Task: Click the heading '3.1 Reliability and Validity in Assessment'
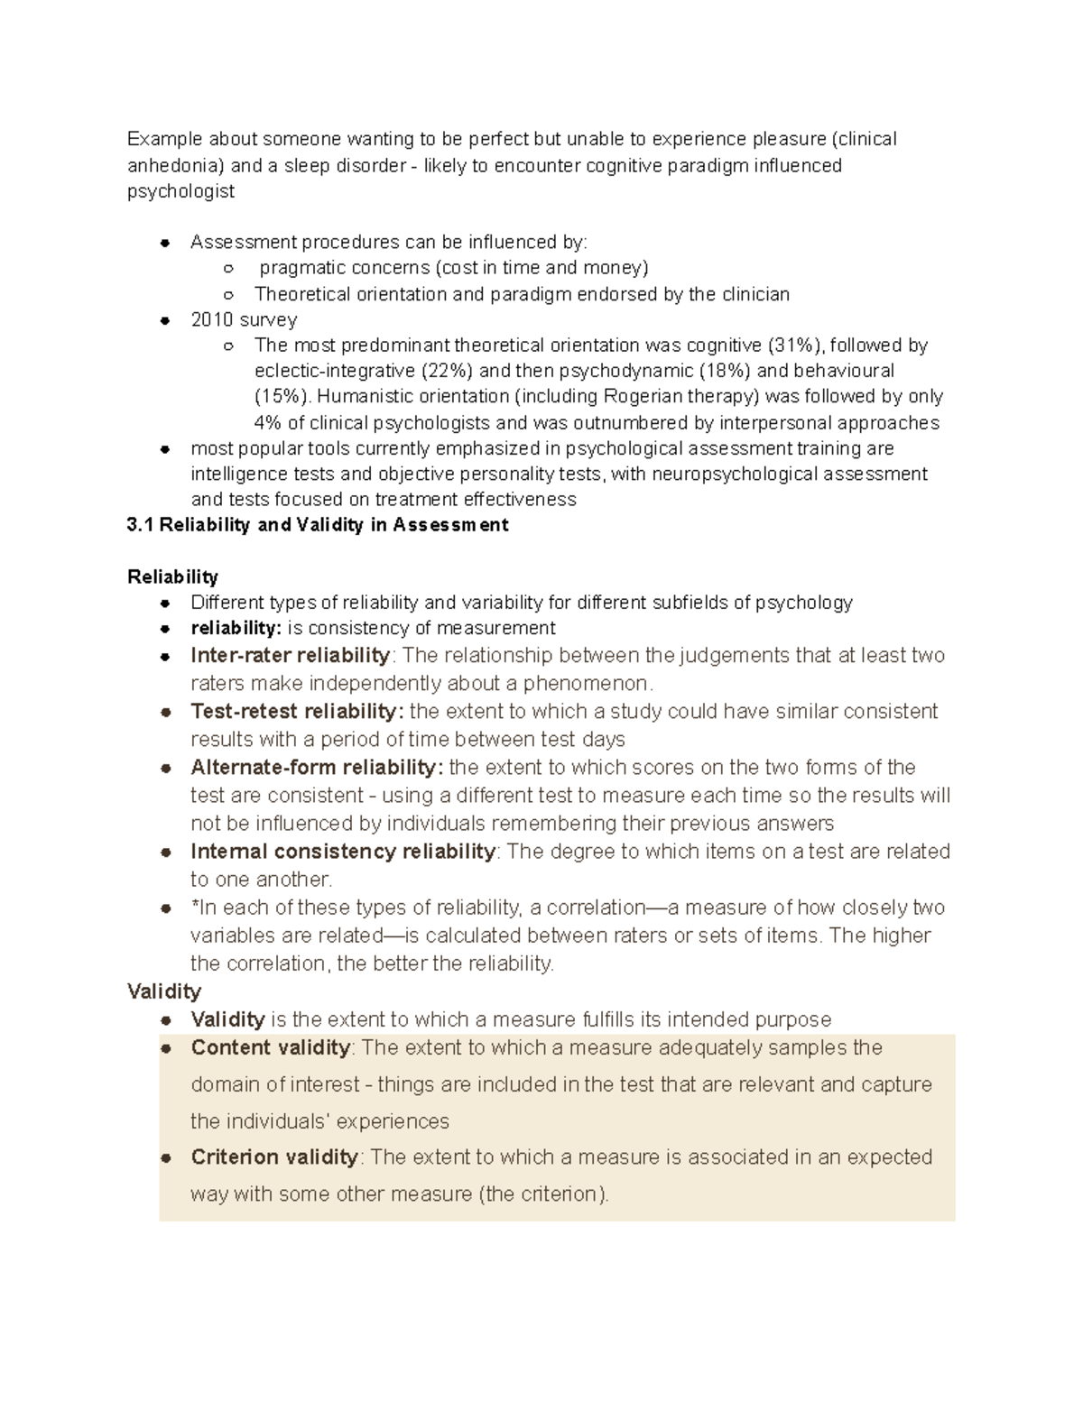(x=318, y=525)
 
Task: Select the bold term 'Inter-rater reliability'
(x=290, y=655)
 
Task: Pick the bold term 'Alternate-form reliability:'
(x=317, y=768)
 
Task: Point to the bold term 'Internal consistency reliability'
(x=343, y=852)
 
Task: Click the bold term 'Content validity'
(x=270, y=1047)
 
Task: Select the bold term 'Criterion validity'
(x=274, y=1157)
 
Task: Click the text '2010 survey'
(x=244, y=319)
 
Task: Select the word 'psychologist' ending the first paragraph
(x=180, y=191)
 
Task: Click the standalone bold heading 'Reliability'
(x=172, y=576)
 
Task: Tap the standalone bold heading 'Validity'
(x=163, y=991)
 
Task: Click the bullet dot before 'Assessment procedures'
(x=165, y=243)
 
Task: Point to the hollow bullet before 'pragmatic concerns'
(x=229, y=268)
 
